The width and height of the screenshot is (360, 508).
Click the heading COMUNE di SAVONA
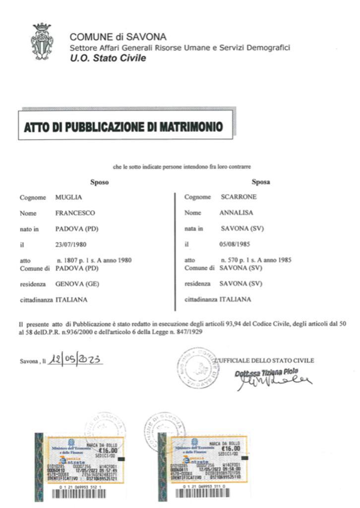tap(118, 37)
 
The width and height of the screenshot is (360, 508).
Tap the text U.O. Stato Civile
tap(108, 58)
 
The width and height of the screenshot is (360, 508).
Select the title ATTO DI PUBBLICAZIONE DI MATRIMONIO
tap(123, 127)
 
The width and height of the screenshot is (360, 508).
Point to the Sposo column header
tap(99, 182)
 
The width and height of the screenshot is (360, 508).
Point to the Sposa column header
tap(261, 182)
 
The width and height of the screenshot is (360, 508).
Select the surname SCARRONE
tap(239, 197)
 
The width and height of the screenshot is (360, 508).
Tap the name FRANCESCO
tap(75, 213)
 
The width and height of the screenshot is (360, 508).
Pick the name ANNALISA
tap(237, 213)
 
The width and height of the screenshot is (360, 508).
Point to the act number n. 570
tap(231, 260)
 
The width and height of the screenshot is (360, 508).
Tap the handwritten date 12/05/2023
tap(75, 360)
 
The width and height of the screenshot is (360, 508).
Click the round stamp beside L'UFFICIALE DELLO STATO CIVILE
tap(198, 368)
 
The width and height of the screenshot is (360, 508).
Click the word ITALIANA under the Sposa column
tap(236, 300)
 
